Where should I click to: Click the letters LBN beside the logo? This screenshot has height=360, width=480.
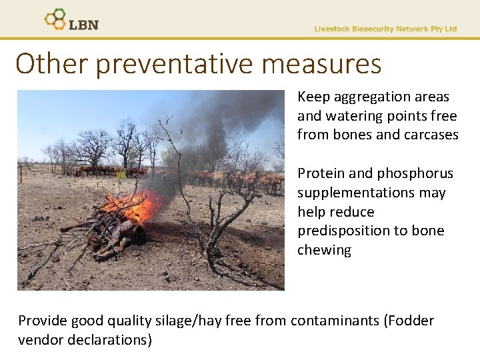[x=83, y=25]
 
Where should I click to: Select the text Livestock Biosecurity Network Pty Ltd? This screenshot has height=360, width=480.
[x=385, y=29]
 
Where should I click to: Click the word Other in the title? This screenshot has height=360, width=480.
[x=52, y=65]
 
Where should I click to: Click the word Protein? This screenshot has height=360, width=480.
[x=321, y=174]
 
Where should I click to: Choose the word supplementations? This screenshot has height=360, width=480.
[x=372, y=193]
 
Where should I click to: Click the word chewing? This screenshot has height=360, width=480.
[x=324, y=251]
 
